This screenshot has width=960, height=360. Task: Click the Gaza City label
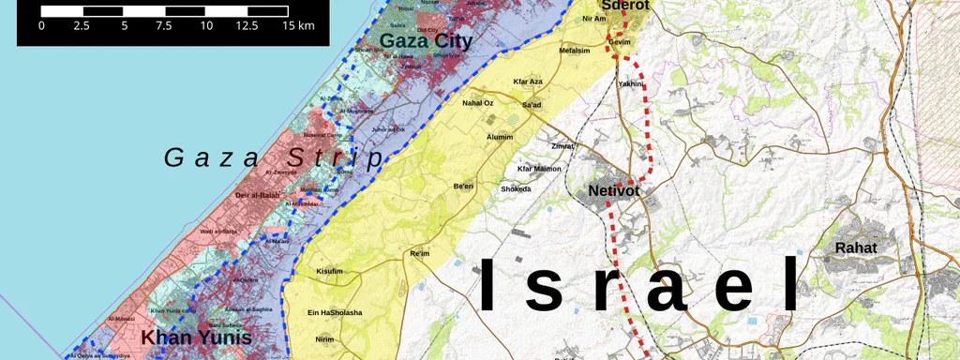[x=425, y=40]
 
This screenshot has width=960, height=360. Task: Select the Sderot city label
[x=625, y=5]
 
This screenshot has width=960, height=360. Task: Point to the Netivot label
[x=614, y=191]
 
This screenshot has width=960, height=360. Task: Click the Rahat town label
[x=855, y=248]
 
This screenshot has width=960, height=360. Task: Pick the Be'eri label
[x=464, y=187]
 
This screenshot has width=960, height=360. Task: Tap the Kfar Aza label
[x=528, y=82]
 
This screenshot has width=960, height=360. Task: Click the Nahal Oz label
[x=478, y=102]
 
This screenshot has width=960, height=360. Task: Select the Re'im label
[x=419, y=253]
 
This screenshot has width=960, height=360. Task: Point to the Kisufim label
[x=330, y=272]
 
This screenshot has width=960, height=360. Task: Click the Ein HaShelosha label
[x=335, y=312]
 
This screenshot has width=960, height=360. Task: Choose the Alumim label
[x=500, y=137]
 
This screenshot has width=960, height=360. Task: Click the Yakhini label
[x=630, y=84]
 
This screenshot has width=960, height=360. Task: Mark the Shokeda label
[x=516, y=188]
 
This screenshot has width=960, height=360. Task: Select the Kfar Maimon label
[x=539, y=169]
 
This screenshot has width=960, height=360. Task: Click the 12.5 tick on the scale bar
[x=247, y=25]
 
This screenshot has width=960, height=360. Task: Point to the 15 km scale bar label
[x=298, y=25]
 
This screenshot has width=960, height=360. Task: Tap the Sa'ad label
[x=532, y=104]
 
